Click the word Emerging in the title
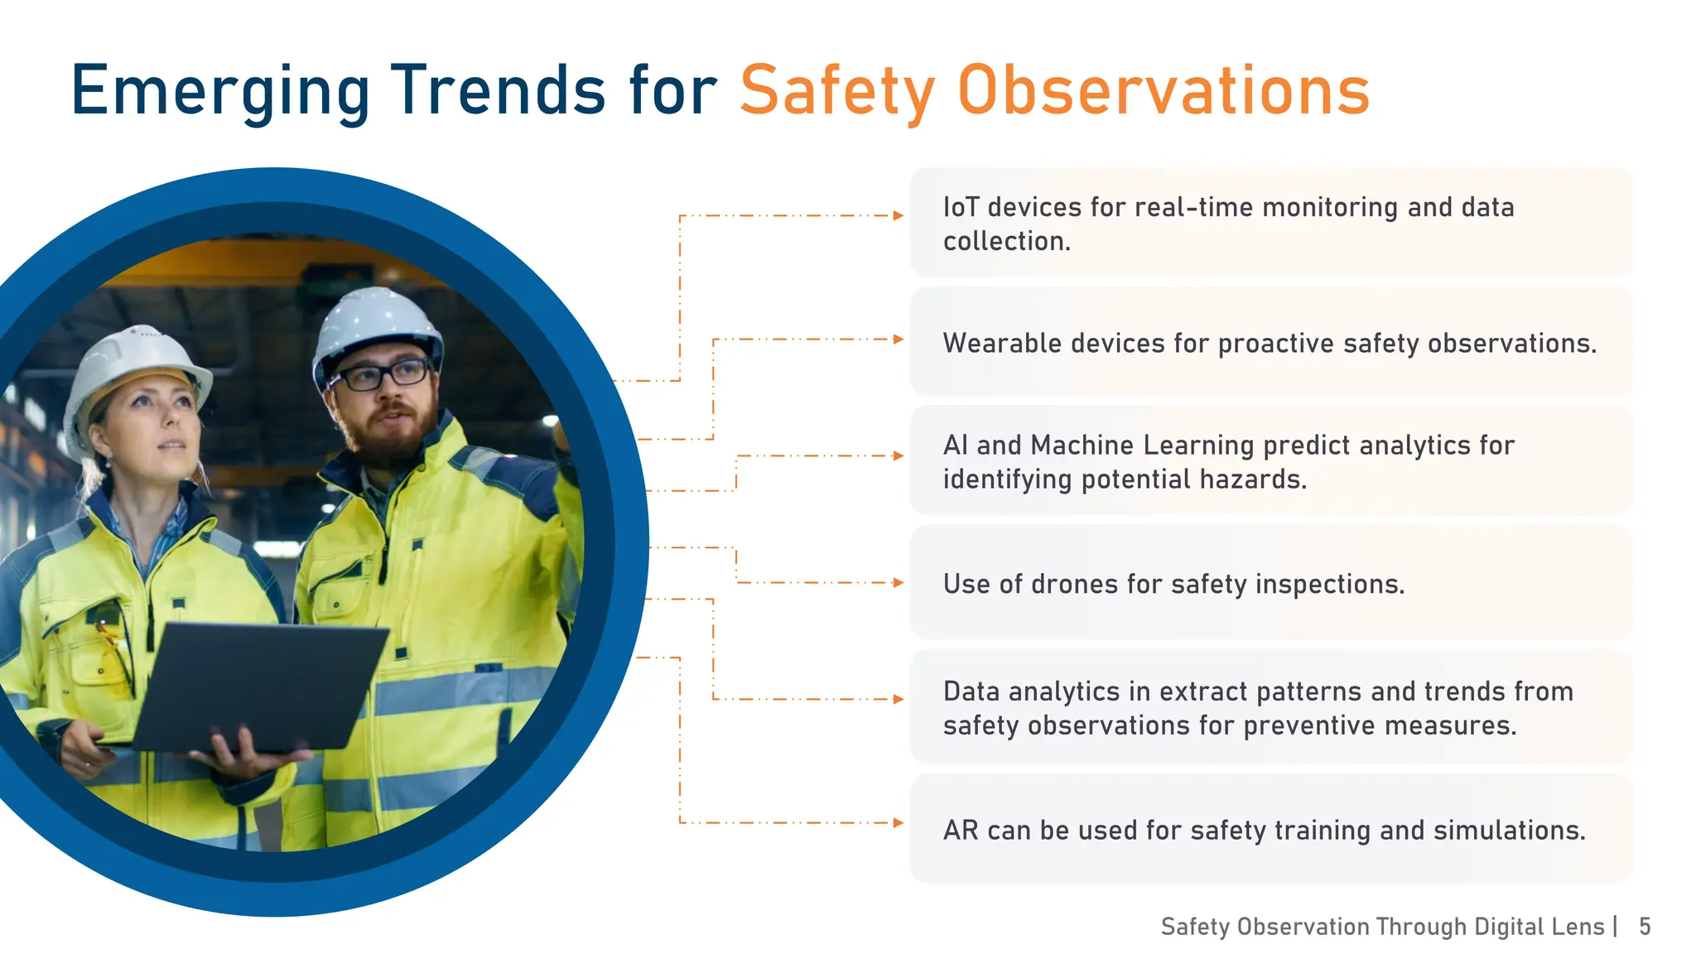coord(219,91)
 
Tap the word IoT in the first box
coord(961,207)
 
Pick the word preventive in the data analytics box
coord(1308,725)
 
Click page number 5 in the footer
coord(1645,926)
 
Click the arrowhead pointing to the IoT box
coord(899,215)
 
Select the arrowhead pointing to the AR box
coord(899,822)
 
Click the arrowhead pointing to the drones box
coord(899,582)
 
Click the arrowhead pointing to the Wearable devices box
coord(899,339)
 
